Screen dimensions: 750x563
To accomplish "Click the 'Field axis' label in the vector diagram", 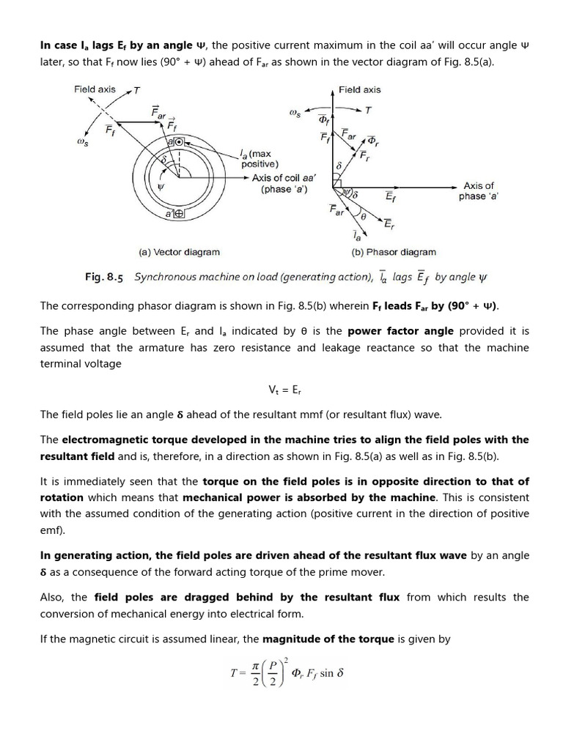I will tap(95, 89).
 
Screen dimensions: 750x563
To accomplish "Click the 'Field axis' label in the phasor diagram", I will tap(359, 89).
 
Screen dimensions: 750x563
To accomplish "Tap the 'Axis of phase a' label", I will tap(479, 191).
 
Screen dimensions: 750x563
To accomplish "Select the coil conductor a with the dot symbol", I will tap(177, 141).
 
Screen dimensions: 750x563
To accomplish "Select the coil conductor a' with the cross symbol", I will tap(176, 214).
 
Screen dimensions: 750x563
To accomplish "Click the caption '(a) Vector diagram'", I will tap(180, 252).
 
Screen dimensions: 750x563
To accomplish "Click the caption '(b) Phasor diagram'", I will tap(393, 252).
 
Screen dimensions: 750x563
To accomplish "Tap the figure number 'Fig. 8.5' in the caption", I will tap(104, 278).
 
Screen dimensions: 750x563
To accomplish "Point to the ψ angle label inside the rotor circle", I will tap(161, 186).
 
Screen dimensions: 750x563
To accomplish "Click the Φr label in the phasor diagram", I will tap(372, 141).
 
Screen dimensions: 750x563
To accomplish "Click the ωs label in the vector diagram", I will tap(83, 144).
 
